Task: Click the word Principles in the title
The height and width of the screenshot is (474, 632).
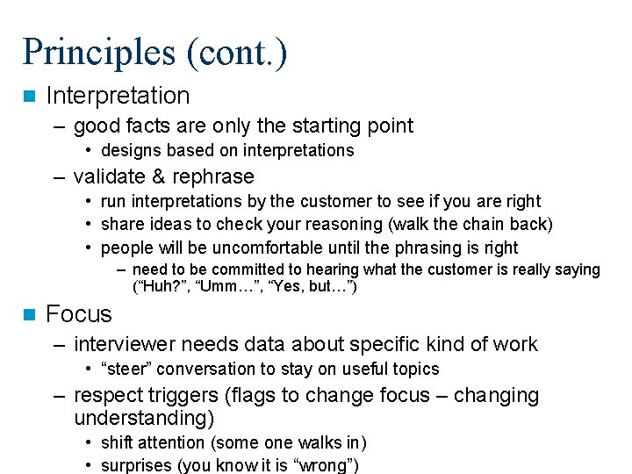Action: pyautogui.click(x=98, y=52)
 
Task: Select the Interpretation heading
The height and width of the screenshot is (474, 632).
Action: pyautogui.click(x=118, y=96)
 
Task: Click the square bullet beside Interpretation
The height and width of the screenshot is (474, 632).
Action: pyautogui.click(x=29, y=96)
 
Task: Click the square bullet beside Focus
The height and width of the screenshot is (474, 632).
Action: pyautogui.click(x=29, y=314)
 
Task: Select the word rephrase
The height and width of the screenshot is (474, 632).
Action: pyautogui.click(x=211, y=176)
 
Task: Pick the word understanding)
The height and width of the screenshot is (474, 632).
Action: pyautogui.click(x=143, y=418)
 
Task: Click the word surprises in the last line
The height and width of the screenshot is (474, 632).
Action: pyautogui.click(x=136, y=465)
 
